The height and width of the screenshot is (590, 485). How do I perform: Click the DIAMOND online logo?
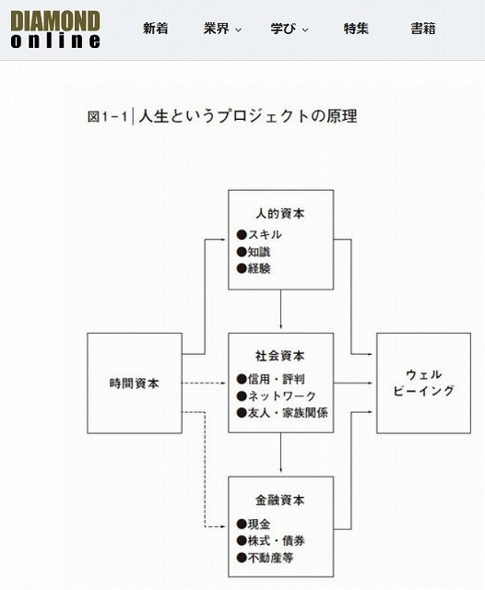coord(55,29)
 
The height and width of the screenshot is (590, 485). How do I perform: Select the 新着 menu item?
coord(156,29)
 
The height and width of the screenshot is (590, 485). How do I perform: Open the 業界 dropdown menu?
coord(222,29)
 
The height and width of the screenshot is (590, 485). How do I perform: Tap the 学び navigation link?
coord(289,29)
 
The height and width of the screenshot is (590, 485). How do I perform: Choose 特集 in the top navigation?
coord(356,29)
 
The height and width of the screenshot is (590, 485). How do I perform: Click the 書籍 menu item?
coord(423,29)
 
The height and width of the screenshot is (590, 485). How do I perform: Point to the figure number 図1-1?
coord(108,116)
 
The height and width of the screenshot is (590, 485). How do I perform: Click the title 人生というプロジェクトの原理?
coord(248,116)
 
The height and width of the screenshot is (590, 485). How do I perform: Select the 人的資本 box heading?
coord(280,214)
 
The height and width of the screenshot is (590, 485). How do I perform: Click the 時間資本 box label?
coord(135,383)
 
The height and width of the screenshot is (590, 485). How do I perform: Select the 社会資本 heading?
coord(280,356)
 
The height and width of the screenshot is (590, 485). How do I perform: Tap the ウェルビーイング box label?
coord(423,383)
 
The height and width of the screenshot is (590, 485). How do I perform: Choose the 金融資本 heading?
coord(280,500)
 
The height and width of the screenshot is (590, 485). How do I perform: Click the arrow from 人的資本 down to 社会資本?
coord(280,310)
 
